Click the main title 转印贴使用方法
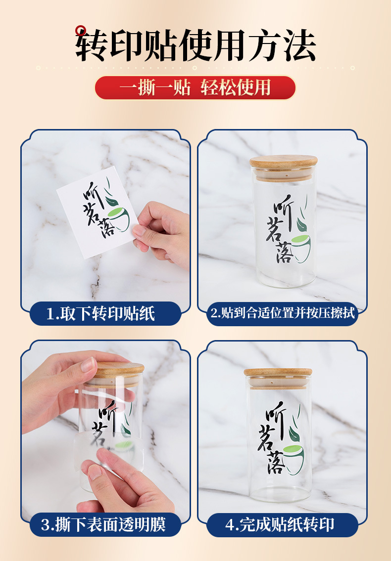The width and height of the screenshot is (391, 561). point(195,45)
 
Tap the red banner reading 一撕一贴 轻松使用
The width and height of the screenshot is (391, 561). point(195,87)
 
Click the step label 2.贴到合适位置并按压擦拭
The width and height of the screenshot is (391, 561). point(282,313)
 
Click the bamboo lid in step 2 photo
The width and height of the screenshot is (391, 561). point(284,163)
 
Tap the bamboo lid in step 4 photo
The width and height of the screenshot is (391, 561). point(278,373)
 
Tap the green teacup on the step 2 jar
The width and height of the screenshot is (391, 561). point(300,242)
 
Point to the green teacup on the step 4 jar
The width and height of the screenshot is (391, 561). point(295,454)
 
